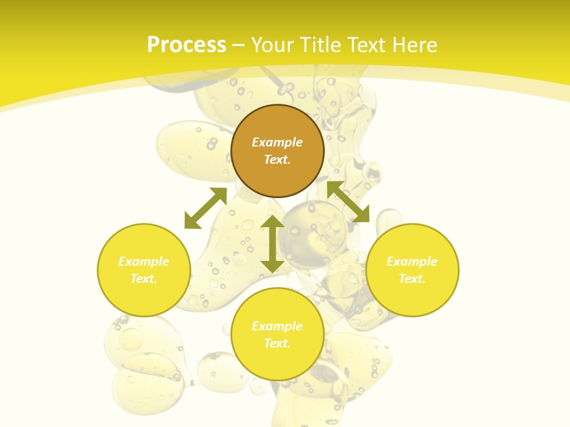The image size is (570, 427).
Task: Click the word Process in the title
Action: pyautogui.click(x=186, y=45)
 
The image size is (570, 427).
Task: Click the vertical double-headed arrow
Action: pyautogui.click(x=273, y=244)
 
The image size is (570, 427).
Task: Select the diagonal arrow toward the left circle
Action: pyautogui.click(x=205, y=208)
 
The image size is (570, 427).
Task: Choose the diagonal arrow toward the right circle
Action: pyautogui.click(x=349, y=202)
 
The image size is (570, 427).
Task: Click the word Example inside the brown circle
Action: pyautogui.click(x=277, y=142)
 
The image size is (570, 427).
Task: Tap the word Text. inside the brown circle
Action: pyautogui.click(x=277, y=160)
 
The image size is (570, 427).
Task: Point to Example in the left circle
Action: pyautogui.click(x=144, y=262)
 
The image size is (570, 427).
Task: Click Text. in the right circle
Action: pyautogui.click(x=412, y=279)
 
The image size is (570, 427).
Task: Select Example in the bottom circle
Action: pyautogui.click(x=277, y=326)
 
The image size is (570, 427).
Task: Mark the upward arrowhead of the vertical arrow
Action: pyautogui.click(x=273, y=221)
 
